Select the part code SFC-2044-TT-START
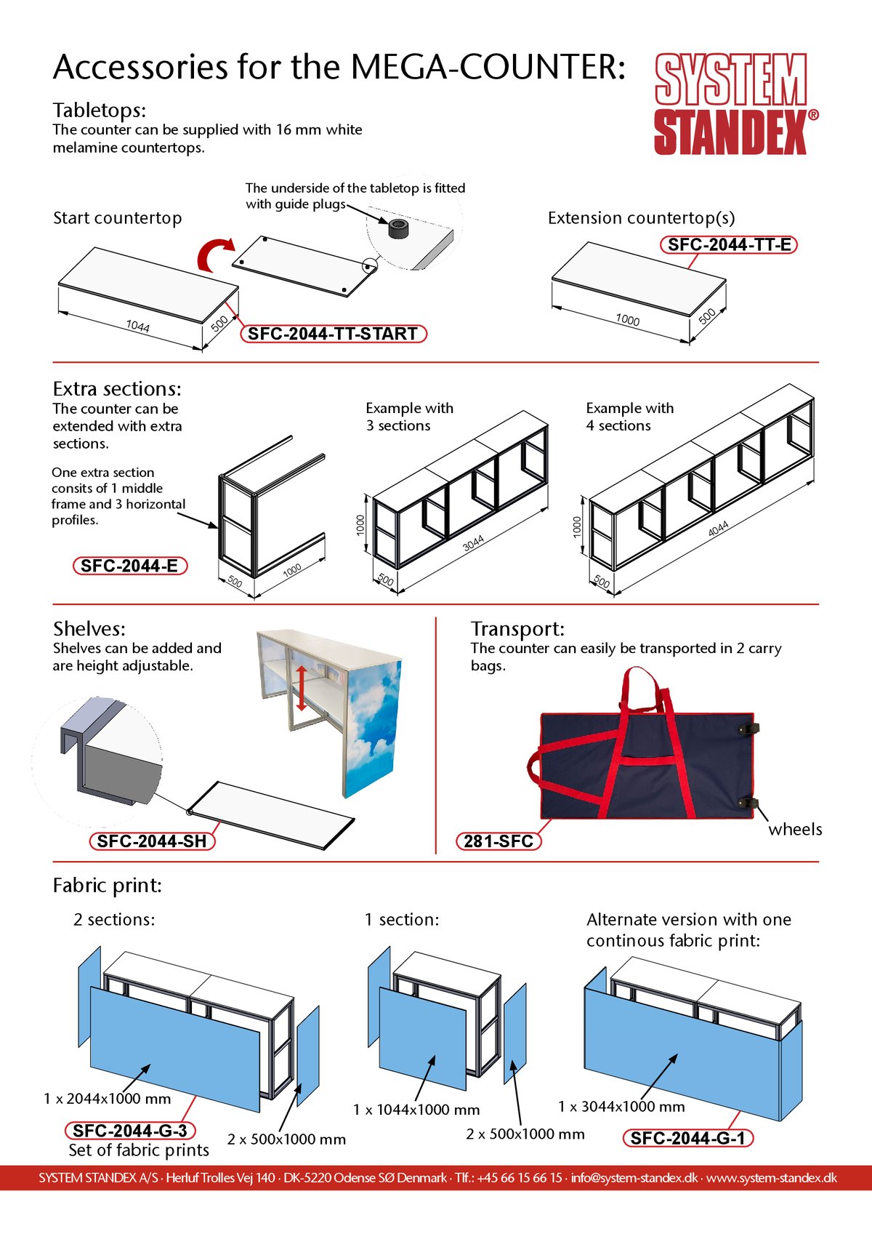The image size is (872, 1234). tap(333, 334)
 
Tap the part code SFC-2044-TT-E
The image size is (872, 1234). tap(729, 245)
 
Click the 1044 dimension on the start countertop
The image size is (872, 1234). tap(137, 326)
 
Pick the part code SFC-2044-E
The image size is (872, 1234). tap(129, 566)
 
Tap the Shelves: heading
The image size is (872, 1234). tap(89, 628)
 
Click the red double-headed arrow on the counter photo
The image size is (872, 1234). tap(302, 686)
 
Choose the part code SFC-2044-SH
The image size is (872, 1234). tap(152, 841)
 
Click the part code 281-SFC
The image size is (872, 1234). tap(498, 841)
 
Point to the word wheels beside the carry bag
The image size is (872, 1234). tap(795, 830)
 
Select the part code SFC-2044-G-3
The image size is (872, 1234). tap(130, 1131)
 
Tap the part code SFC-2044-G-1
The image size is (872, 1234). tap(688, 1138)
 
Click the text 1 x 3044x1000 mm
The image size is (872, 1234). tap(621, 1107)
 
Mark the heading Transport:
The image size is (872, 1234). tap(517, 628)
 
